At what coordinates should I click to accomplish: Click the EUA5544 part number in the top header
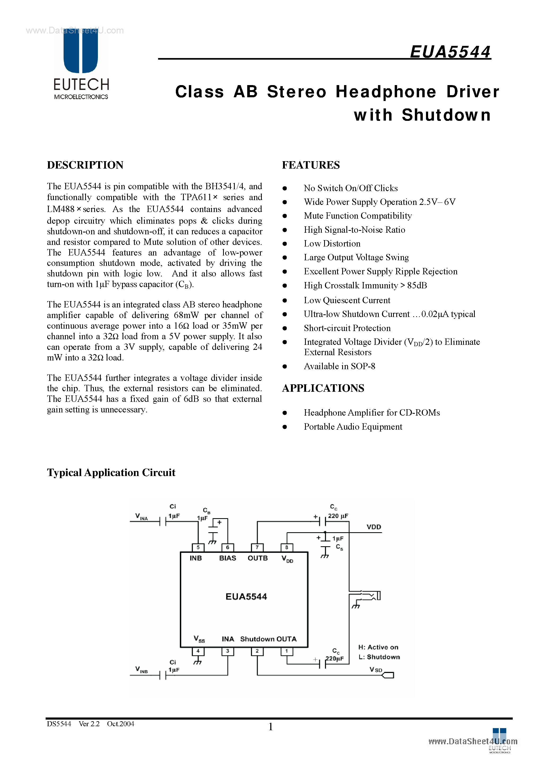click(x=450, y=52)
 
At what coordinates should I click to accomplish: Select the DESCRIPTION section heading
click(x=85, y=165)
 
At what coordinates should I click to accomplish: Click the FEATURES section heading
click(x=311, y=165)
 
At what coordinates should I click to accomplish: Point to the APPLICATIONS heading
click(x=323, y=388)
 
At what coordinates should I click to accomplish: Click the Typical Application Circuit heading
click(x=111, y=473)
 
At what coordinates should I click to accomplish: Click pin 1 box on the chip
click(x=286, y=651)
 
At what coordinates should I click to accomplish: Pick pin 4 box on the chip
click(x=198, y=651)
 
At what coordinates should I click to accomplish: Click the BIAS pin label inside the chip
click(x=227, y=558)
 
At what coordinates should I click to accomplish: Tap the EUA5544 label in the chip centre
click(x=246, y=597)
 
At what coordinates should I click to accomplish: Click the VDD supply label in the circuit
click(x=374, y=527)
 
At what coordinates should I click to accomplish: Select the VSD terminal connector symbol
click(x=388, y=675)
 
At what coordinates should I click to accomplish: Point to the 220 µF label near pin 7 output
click(x=338, y=516)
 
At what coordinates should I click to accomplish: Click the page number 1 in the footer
click(x=271, y=727)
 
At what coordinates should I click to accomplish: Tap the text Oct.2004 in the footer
click(x=121, y=724)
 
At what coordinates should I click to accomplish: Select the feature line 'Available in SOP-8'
click(x=339, y=366)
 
